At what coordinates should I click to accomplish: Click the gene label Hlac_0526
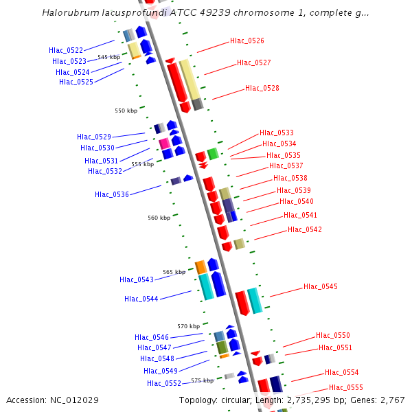247,41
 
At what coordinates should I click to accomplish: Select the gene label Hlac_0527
253,62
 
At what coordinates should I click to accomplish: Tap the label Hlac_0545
320,286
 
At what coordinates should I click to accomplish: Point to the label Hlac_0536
111,194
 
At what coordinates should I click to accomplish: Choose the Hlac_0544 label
141,299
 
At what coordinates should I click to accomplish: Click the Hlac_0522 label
66,50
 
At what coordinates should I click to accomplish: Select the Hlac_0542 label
304,229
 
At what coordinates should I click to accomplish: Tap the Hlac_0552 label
163,383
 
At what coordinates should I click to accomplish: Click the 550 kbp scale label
126,111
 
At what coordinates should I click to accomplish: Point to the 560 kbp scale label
159,218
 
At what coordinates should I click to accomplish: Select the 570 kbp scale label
188,326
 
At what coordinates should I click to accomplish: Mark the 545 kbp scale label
108,58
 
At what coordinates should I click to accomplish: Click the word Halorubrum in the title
67,12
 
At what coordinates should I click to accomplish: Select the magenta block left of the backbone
164,144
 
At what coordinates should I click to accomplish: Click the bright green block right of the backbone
213,154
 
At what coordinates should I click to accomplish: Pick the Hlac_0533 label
276,133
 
